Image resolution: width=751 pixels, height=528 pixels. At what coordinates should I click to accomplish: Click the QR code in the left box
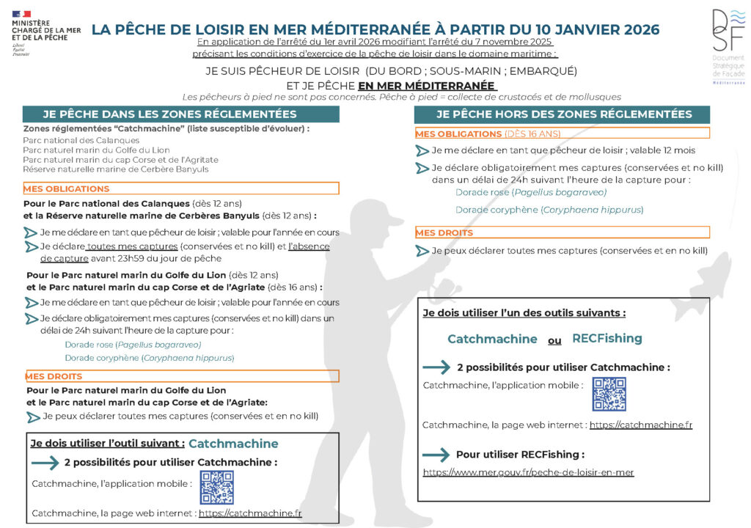[x=216, y=488]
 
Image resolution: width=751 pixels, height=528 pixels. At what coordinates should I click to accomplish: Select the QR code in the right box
[x=609, y=394]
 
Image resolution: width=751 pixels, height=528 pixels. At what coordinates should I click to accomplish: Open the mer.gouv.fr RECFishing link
[x=528, y=472]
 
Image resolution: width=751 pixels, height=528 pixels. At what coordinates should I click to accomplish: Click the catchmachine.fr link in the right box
[x=640, y=425]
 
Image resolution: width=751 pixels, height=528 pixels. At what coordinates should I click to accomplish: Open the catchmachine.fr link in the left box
[x=250, y=513]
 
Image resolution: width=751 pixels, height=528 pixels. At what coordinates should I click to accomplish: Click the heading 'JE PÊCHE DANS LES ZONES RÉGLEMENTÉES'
[x=169, y=114]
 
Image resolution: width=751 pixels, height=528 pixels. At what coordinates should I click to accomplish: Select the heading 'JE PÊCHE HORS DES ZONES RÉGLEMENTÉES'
[x=564, y=114]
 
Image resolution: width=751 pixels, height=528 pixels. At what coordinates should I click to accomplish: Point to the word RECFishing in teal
[x=607, y=338]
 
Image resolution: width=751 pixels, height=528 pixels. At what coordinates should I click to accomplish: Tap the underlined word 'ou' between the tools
[x=554, y=340]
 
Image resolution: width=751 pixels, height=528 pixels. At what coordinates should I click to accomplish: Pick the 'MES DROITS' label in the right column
[x=444, y=232]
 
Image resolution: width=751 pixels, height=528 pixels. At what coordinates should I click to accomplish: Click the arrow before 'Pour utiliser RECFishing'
[x=436, y=455]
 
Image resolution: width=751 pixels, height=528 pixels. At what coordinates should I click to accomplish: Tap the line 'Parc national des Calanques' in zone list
[x=70, y=139]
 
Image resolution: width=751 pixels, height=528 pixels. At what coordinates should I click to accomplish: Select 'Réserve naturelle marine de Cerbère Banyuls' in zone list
[x=115, y=169]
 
